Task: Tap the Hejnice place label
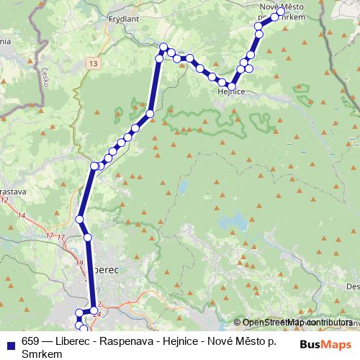pyautogui.click(x=231, y=92)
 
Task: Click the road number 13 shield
pyautogui.click(x=95, y=64)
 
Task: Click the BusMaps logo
pyautogui.click(x=326, y=344)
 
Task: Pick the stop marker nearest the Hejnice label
pyautogui.click(x=232, y=86)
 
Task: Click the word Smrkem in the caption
pyautogui.click(x=42, y=354)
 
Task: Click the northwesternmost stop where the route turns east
pyautogui.click(x=163, y=48)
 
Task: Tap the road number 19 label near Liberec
pyautogui.click(x=78, y=263)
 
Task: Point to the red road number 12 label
pyautogui.click(x=6, y=199)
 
